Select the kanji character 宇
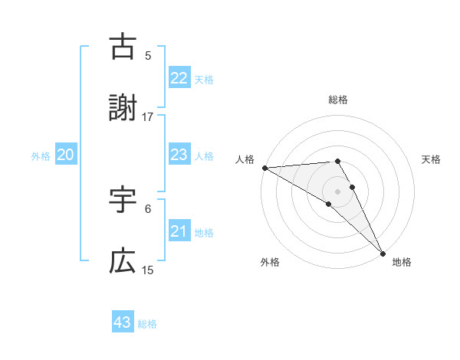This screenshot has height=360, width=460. pos(123,201)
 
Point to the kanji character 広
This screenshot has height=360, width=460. pos(123,262)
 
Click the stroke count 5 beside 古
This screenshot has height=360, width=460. pos(148,55)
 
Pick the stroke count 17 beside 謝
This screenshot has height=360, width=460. pos(148,117)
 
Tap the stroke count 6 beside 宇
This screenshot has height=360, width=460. pos(148,208)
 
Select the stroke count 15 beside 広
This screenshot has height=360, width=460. pos(148,270)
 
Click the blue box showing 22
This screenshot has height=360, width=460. pos(179,78)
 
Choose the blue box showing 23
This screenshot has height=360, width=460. pos(179,155)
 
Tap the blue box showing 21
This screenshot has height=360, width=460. pos(179,231)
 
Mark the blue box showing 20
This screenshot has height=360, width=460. pos(65,155)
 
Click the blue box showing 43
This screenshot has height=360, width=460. pos(122,322)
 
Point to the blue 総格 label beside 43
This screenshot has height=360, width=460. pos(147,324)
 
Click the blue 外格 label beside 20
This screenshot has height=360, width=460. pos(41,156)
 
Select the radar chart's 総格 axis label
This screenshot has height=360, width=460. pos(338,100)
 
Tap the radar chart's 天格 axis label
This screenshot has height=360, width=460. pos(432,159)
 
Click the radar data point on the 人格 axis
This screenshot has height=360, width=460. pos(264,168)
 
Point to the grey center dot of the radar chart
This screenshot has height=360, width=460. pos(338,191)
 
